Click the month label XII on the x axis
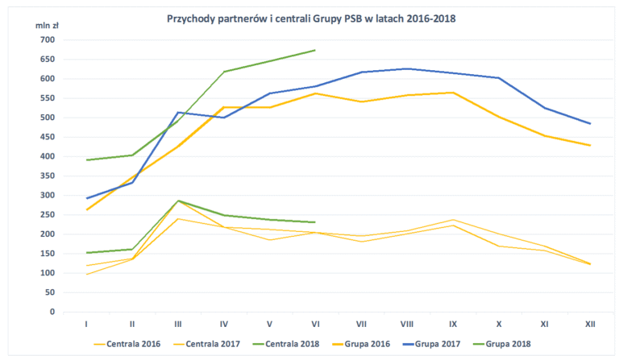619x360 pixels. pos(590,324)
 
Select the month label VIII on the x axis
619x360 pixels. pos(407,324)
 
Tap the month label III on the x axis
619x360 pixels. pos(177,324)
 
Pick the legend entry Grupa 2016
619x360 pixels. pos(379,344)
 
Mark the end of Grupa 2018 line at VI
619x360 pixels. pos(315,50)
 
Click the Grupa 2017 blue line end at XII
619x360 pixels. pos(590,123)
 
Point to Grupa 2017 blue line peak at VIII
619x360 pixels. pos(407,69)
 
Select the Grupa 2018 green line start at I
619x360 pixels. pos(86,159)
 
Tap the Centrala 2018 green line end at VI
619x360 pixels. pos(315,222)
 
